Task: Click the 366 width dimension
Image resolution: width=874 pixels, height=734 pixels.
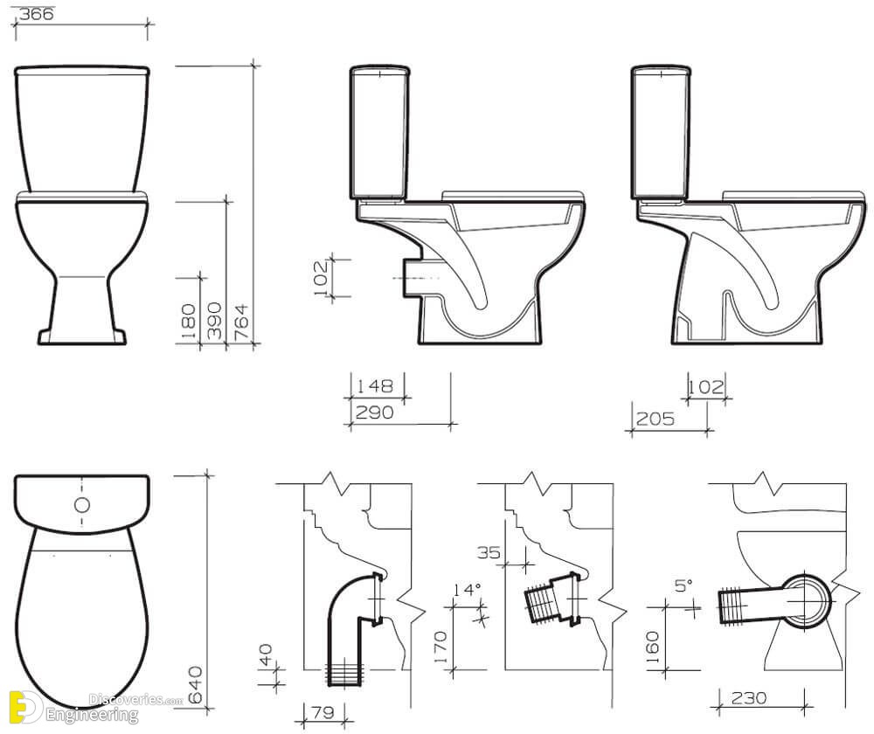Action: [x=36, y=14]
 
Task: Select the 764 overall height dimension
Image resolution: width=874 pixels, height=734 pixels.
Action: [x=241, y=322]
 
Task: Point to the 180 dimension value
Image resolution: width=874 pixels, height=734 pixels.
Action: [x=189, y=322]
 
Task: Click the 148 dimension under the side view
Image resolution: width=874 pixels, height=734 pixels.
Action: [x=375, y=385]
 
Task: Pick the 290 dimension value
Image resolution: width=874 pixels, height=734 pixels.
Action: [x=375, y=412]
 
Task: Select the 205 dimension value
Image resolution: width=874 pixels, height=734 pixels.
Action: [x=655, y=419]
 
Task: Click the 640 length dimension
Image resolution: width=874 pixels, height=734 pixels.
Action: [x=195, y=684]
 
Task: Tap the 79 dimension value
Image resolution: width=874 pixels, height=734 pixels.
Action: [x=323, y=712]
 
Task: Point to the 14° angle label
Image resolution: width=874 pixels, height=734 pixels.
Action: [x=467, y=590]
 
